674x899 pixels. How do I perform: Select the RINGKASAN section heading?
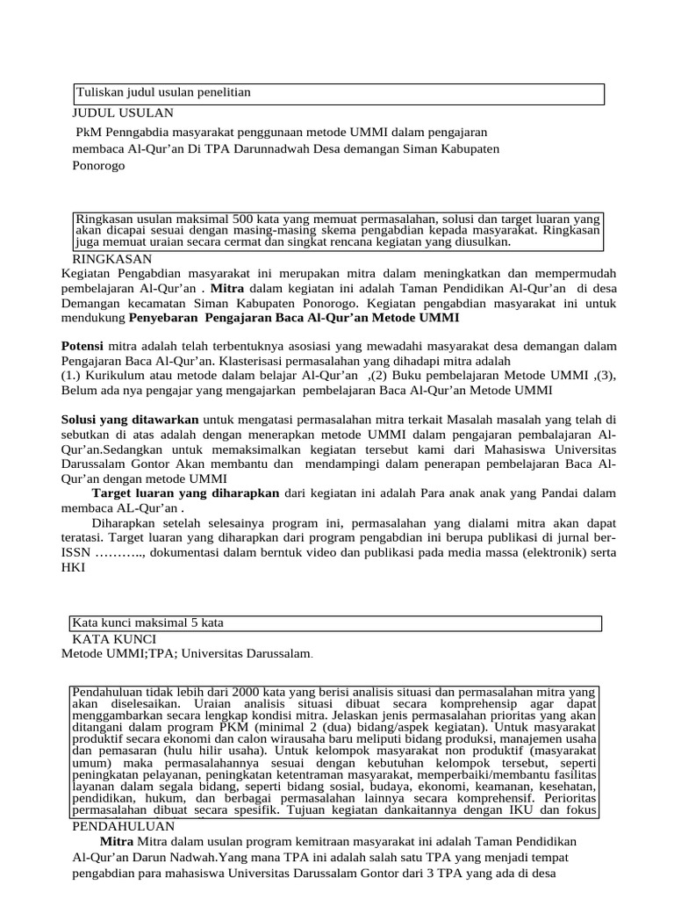[112, 259]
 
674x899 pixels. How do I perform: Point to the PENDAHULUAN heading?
[123, 826]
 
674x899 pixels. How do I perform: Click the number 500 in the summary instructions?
[242, 218]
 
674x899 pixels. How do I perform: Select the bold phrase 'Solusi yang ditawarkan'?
[130, 421]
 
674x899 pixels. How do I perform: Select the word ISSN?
[75, 553]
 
